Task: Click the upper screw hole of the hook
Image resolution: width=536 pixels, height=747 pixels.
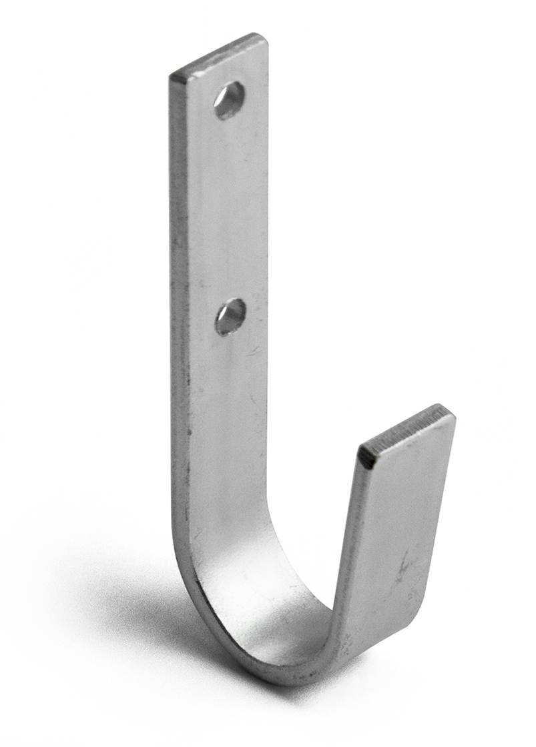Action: [229, 100]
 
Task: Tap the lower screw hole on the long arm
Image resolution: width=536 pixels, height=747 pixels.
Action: [231, 316]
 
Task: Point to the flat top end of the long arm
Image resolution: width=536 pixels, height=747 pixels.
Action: [219, 55]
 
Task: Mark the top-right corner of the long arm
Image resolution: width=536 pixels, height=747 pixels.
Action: [265, 37]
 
